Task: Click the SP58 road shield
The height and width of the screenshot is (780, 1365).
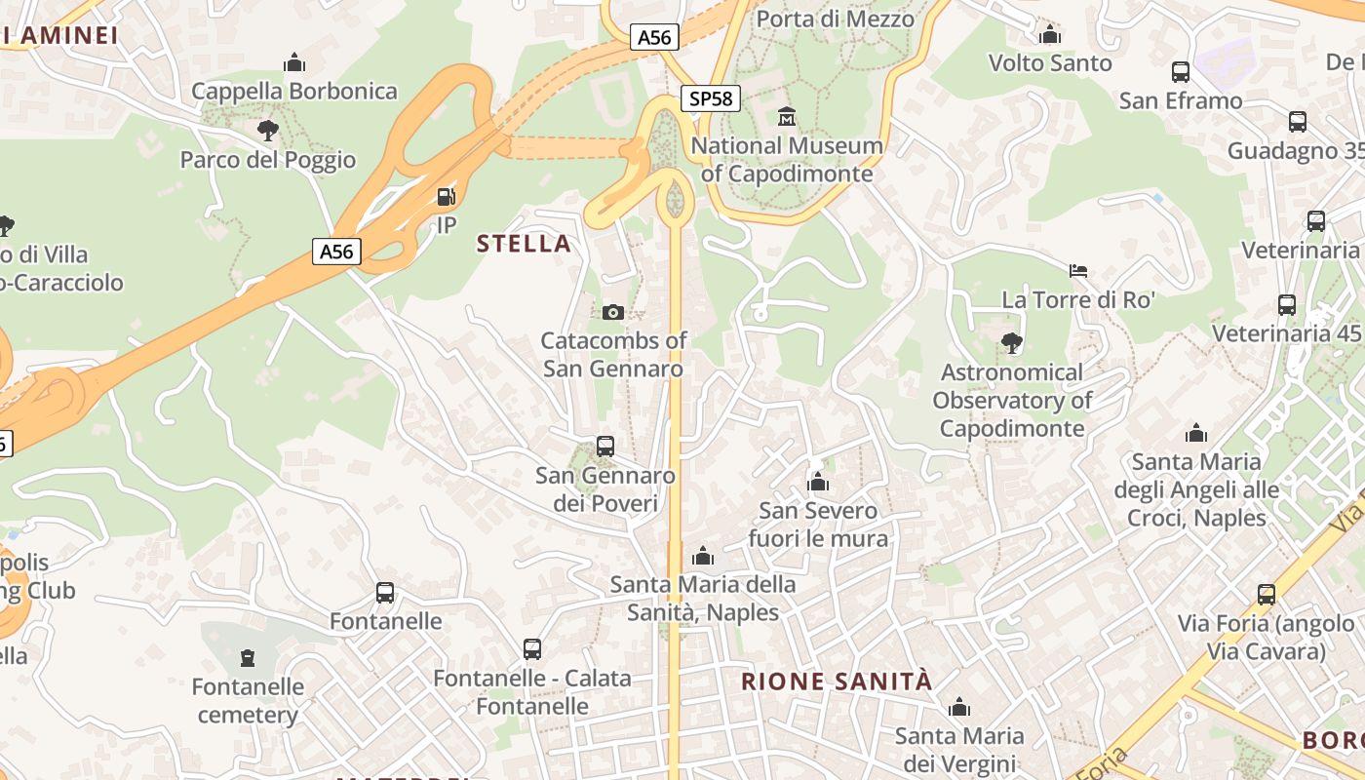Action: (711, 97)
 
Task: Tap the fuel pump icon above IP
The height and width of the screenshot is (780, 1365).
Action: (446, 197)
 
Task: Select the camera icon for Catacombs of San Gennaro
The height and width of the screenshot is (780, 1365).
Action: (612, 312)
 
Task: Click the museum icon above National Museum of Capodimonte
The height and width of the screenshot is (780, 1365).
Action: (787, 117)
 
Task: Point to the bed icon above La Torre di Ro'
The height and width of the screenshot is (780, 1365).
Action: (1078, 270)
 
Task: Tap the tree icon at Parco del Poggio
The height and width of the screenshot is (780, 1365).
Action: (267, 130)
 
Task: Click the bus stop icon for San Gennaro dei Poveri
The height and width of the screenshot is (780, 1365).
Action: (605, 447)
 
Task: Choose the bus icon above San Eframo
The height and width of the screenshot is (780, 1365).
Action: (1181, 71)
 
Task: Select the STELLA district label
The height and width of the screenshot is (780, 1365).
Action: (524, 244)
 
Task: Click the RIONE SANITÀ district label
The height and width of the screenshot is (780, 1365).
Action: (837, 682)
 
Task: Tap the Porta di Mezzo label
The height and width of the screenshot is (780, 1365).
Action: (836, 19)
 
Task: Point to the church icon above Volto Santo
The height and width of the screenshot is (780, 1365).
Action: (1050, 34)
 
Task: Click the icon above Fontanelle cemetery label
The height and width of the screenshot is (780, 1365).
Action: (248, 658)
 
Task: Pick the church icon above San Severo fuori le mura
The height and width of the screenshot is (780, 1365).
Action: (818, 482)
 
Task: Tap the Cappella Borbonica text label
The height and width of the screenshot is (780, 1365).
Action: (294, 91)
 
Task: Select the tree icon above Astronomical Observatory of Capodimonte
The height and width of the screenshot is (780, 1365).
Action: (1012, 342)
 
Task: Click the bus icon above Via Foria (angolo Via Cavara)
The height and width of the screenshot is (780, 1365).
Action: (1266, 594)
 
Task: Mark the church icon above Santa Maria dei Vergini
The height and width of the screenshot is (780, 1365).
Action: (959, 706)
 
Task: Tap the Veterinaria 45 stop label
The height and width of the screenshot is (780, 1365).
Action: (1286, 333)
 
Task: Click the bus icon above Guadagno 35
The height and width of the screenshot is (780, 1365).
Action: (1298, 122)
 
